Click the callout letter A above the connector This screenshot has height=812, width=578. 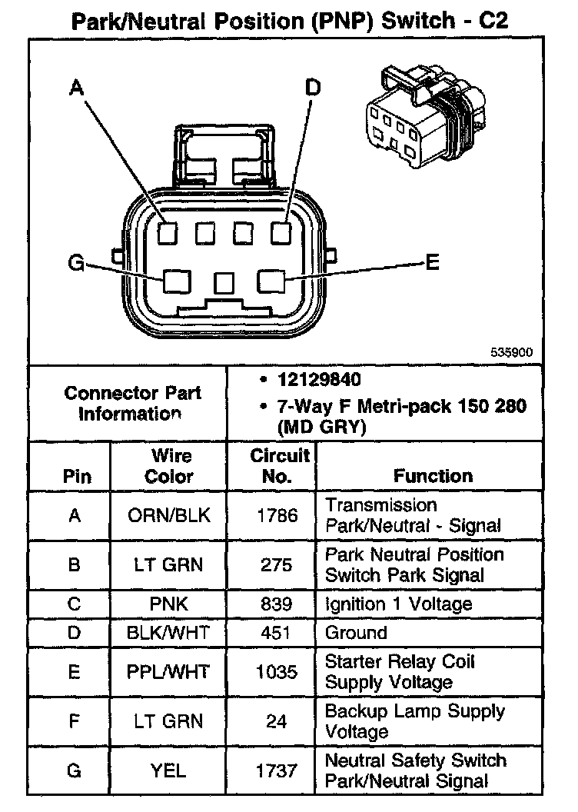pos(75,89)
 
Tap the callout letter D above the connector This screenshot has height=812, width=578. pos(313,88)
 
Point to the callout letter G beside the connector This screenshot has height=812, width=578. pos(75,264)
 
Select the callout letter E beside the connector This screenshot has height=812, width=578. pos(432,263)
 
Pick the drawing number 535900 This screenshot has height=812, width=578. pos(512,353)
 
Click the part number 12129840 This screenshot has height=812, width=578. pos(321,379)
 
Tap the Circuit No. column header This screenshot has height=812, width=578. pos(280,465)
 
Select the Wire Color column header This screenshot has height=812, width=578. pos(170,466)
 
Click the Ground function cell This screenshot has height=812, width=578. pos(356,633)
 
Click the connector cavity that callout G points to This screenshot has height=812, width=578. pos(178,281)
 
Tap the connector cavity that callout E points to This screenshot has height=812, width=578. pos(271,281)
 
